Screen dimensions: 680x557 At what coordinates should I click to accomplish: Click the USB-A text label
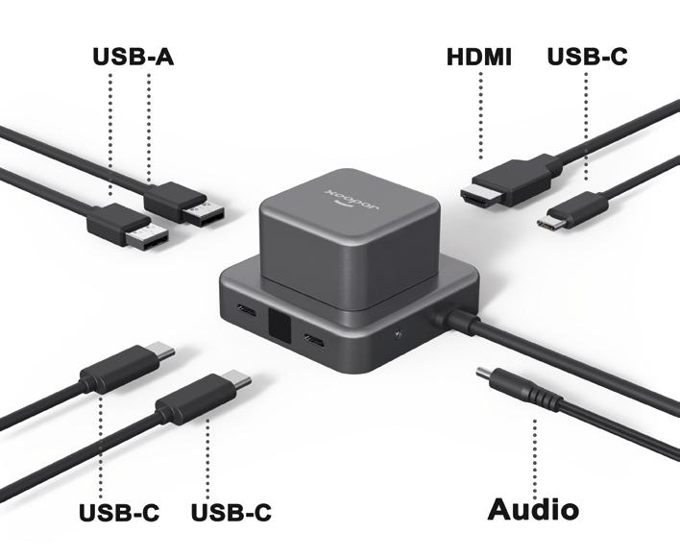click(133, 57)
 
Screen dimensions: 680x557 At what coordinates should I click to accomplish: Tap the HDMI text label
click(479, 57)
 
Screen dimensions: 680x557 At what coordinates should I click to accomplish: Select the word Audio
click(533, 508)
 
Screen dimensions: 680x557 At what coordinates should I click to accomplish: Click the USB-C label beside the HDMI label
click(587, 57)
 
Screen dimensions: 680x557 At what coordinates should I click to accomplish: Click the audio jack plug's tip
click(483, 374)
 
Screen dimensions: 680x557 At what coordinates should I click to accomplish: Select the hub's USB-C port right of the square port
click(314, 341)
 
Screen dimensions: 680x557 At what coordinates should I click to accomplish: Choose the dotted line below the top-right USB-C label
click(587, 125)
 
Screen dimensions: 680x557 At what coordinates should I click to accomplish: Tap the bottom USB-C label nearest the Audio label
click(231, 512)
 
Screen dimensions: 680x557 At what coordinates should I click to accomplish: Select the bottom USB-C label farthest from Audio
click(119, 512)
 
